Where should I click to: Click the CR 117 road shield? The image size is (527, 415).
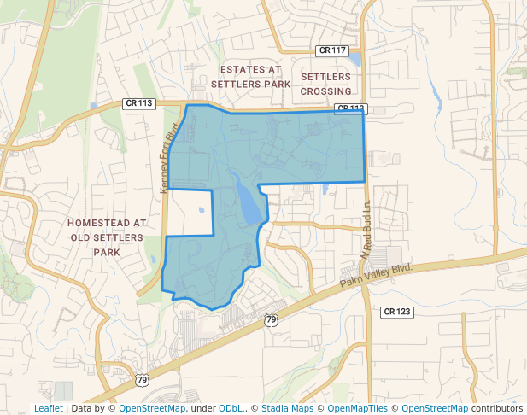coord(331,50)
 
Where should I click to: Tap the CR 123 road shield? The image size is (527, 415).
coord(397,312)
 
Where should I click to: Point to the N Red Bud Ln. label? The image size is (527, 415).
coord(366,230)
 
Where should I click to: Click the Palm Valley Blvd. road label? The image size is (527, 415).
coord(376,275)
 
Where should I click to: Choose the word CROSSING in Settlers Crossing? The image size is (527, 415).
coord(326,91)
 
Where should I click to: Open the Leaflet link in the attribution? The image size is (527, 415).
coord(49,409)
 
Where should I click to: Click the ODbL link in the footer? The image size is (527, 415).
coord(231,409)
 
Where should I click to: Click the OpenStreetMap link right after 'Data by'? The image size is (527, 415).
coord(152,409)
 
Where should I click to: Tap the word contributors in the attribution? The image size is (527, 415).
coord(497,409)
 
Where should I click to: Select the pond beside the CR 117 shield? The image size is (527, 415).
coord(356,60)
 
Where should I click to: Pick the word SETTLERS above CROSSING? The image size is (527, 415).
coord(325,77)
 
